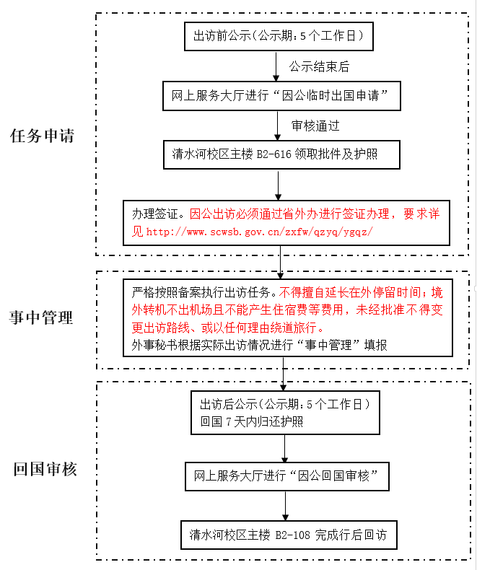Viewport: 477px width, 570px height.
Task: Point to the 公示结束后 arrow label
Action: coord(319,66)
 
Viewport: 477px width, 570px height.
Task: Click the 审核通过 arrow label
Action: coord(315,125)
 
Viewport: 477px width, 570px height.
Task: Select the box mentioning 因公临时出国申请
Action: coord(281,95)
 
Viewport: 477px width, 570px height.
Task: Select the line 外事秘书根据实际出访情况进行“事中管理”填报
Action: coord(260,345)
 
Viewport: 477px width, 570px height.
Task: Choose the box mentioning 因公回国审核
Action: coord(286,477)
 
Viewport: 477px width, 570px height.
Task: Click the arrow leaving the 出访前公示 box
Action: coord(277,66)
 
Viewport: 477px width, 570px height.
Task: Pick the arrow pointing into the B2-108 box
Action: coord(286,506)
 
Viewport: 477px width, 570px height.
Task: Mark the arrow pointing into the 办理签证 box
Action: coord(277,185)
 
